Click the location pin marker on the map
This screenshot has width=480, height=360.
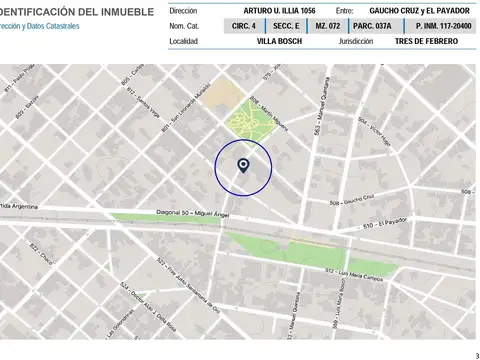pyautogui.click(x=243, y=165)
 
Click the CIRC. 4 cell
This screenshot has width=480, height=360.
pyautogui.click(x=244, y=25)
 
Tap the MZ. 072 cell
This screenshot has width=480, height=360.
pyautogui.click(x=328, y=25)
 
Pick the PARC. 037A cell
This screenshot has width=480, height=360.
pyautogui.click(x=372, y=25)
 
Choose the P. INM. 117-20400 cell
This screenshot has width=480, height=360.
pyautogui.click(x=429, y=25)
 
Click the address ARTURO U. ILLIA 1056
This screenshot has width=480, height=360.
pyautogui.click(x=273, y=10)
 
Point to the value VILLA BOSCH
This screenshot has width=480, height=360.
pyautogui.click(x=279, y=41)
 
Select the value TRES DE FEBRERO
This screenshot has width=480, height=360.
pyautogui.click(x=426, y=41)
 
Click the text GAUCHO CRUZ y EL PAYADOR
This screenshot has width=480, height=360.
pyautogui.click(x=413, y=10)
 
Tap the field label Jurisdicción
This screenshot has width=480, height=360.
pyautogui.click(x=357, y=41)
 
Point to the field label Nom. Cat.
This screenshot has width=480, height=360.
pyautogui.click(x=185, y=25)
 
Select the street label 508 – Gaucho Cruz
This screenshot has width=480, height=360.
pyautogui.click(x=351, y=200)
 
